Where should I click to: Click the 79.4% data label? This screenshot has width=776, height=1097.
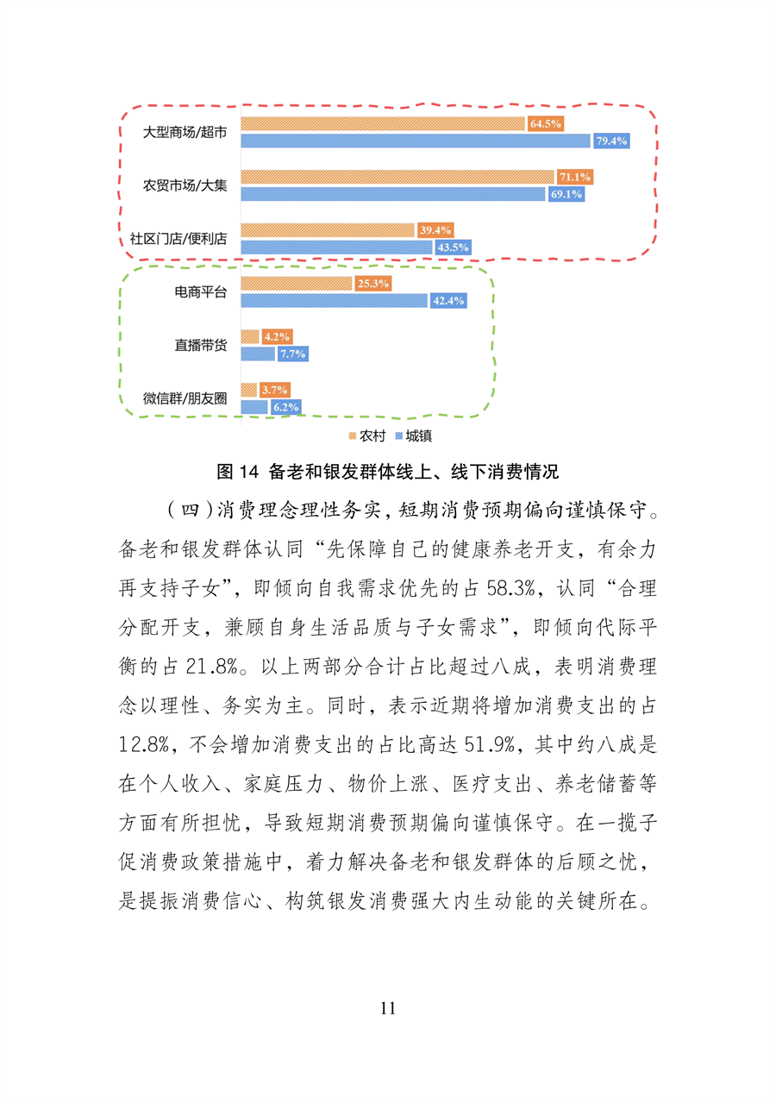click(x=610, y=141)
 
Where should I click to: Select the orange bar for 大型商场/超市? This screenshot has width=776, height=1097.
click(x=383, y=123)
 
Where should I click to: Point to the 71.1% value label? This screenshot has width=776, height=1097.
click(x=574, y=177)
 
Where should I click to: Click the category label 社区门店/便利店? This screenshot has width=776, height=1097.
click(x=185, y=239)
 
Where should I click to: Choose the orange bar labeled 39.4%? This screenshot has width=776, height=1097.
click(x=328, y=229)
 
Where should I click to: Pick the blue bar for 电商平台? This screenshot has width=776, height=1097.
click(x=334, y=300)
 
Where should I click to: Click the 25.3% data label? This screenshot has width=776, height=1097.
click(x=372, y=283)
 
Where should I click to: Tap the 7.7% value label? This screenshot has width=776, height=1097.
click(x=291, y=354)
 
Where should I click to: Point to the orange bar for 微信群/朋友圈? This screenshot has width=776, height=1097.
click(x=248, y=389)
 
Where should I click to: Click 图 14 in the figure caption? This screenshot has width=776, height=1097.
click(x=238, y=472)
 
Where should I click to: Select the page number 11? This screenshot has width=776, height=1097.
click(x=387, y=1008)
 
